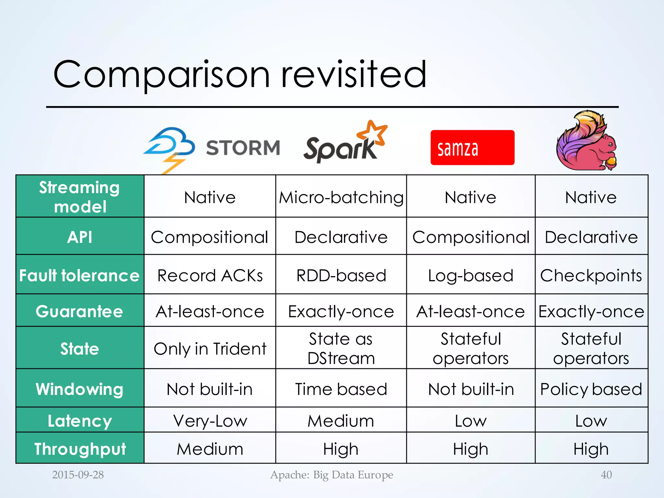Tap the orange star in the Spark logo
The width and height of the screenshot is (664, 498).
tap(373, 133)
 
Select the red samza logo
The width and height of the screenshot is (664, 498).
tap(472, 148)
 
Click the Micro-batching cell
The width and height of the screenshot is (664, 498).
tap(341, 197)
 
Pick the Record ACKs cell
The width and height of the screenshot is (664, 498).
tap(210, 276)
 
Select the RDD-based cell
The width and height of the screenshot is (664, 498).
tap(341, 276)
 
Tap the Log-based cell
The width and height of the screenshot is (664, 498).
tap(470, 276)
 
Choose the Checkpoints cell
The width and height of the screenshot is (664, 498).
tap(591, 276)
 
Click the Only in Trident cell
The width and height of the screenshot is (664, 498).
tap(210, 349)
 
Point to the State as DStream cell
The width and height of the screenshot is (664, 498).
tap(341, 349)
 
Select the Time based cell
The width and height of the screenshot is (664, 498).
tap(341, 389)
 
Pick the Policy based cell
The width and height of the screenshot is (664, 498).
tap(591, 389)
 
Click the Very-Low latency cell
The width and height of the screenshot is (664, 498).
tap(210, 421)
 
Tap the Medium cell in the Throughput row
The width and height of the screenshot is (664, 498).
tap(210, 449)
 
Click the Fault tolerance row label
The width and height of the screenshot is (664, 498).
tap(79, 276)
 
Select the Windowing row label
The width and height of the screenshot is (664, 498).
tap(79, 389)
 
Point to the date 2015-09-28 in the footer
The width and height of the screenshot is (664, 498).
tap(78, 475)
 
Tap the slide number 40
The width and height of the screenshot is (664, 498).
tap(606, 475)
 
